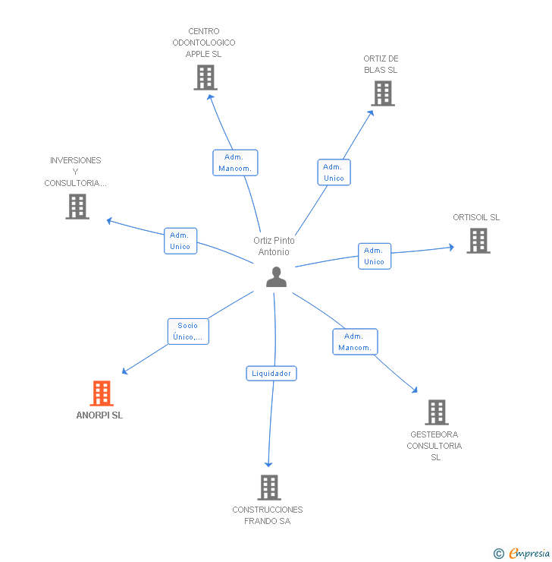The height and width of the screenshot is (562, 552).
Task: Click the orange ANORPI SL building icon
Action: coord(102,393)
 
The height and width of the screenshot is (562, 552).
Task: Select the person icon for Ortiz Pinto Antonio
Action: coord(277,277)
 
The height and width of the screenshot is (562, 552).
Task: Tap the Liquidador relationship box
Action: coord(271,374)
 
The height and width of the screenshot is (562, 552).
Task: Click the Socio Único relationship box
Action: coord(187,332)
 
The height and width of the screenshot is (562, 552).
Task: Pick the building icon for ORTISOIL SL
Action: coord(478,241)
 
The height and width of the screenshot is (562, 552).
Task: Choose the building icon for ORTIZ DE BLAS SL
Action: coord(383,93)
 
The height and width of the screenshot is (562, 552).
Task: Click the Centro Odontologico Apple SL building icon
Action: coord(205,77)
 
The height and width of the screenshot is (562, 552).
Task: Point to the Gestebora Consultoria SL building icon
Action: coord(436,412)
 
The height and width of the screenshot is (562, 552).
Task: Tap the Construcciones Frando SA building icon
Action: coord(268,488)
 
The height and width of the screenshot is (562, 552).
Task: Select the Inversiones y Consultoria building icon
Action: coord(77,207)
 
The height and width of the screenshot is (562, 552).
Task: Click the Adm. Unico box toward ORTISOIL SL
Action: coord(374,256)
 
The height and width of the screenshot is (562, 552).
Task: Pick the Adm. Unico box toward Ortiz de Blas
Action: coord(334,172)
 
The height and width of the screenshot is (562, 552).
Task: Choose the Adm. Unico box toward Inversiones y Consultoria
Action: coord(180,241)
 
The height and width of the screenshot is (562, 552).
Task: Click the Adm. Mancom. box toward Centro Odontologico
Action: coord(235,163)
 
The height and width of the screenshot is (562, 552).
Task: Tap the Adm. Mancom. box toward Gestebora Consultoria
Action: coord(354,342)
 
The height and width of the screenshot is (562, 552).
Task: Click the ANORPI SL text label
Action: coord(99,415)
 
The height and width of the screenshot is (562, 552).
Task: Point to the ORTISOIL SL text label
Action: coord(476,217)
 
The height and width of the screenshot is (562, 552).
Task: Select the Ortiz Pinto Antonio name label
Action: coord(274,246)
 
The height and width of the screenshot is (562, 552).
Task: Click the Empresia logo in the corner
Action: coord(522,553)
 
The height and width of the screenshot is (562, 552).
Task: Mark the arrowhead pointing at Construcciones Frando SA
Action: coord(268,463)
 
